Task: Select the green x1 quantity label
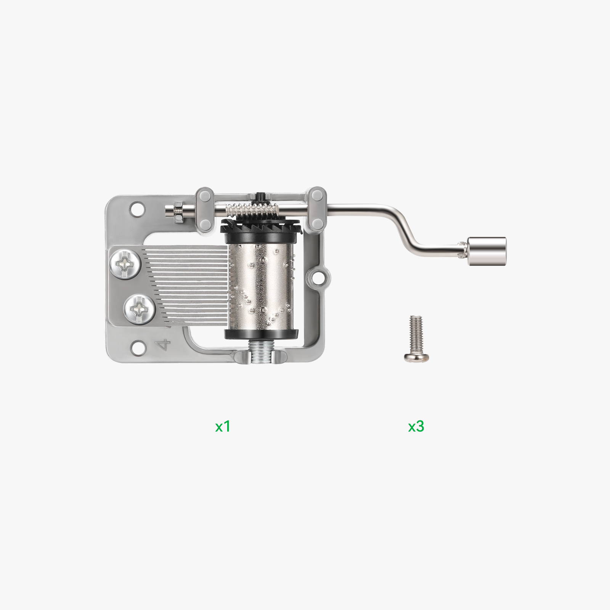click(223, 426)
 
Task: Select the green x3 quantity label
click(416, 426)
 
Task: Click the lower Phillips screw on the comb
click(140, 309)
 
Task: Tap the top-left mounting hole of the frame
click(137, 209)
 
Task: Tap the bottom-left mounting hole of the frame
click(137, 347)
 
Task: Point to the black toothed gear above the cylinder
click(261, 228)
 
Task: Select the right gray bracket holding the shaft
click(316, 210)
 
